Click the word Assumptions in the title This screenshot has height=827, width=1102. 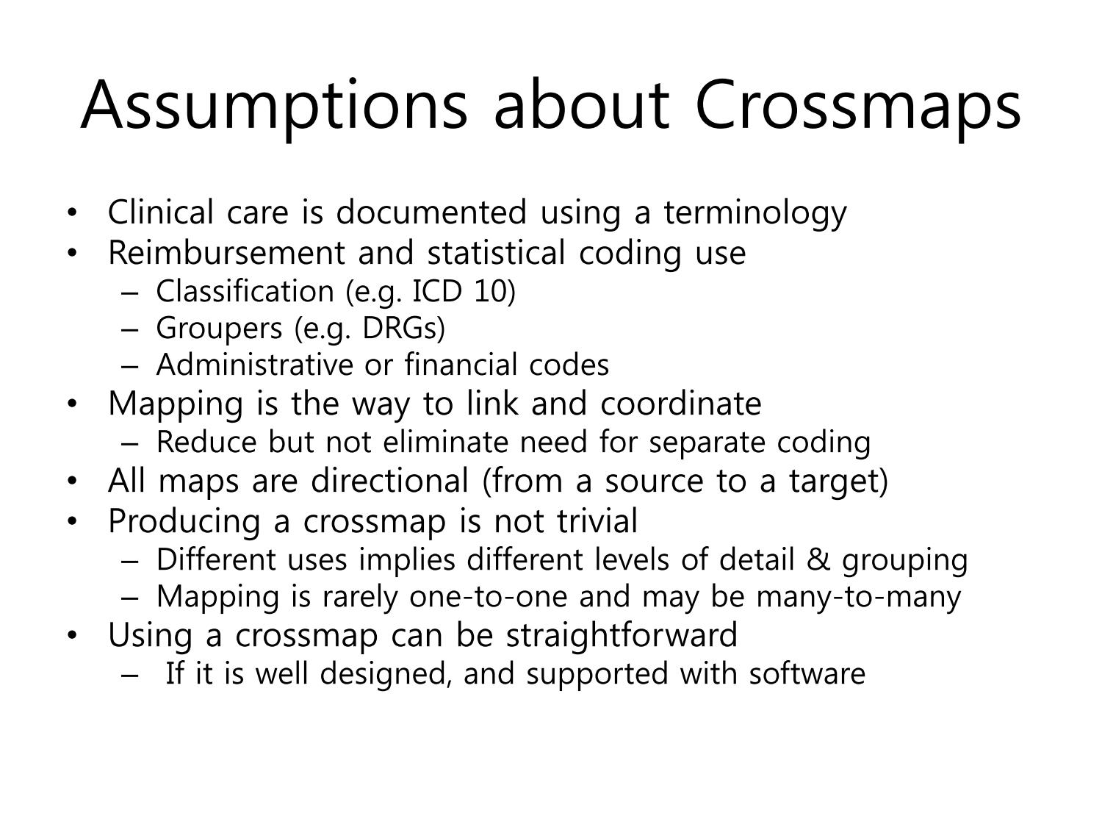tap(273, 107)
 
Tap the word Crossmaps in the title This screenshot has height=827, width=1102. tap(858, 107)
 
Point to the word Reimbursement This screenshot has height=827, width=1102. tap(226, 253)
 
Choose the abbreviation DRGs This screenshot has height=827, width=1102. tap(400, 329)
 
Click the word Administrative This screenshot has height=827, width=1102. tap(255, 365)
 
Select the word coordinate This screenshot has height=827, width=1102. tap(681, 403)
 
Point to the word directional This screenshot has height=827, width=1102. tap(389, 481)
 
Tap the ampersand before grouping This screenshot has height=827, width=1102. tap(818, 560)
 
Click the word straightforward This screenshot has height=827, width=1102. tap(622, 636)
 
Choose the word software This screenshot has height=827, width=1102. tap(807, 674)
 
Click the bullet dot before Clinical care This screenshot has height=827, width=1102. tap(72, 212)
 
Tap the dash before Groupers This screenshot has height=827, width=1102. tap(129, 330)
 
